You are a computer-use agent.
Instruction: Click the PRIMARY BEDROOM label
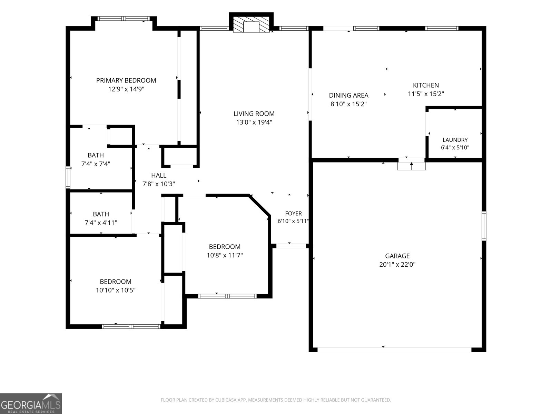point(126,80)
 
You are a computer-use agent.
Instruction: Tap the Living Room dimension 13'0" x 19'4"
point(254,122)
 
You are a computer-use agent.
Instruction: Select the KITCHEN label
point(426,85)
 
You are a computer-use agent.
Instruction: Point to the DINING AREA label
point(348,95)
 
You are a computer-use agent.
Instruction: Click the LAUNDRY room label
point(455,140)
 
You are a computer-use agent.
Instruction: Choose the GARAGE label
point(397,256)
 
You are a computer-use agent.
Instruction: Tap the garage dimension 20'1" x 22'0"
point(397,264)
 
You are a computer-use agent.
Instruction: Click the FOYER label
point(293,214)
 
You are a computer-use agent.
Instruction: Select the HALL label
point(159,175)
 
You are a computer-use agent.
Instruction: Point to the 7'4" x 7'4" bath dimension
point(96,164)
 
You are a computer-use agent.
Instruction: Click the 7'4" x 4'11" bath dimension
point(101,223)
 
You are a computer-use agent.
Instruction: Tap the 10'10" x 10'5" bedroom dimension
point(116,290)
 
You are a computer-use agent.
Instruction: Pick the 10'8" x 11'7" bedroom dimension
point(225,255)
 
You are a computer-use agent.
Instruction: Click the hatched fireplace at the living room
point(251,24)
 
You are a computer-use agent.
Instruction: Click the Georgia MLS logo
point(31,403)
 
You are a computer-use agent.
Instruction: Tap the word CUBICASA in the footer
point(225,400)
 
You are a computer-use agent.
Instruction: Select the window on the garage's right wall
point(484,226)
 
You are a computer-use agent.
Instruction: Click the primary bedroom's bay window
point(124,18)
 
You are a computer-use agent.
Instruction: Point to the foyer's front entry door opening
point(291,246)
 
